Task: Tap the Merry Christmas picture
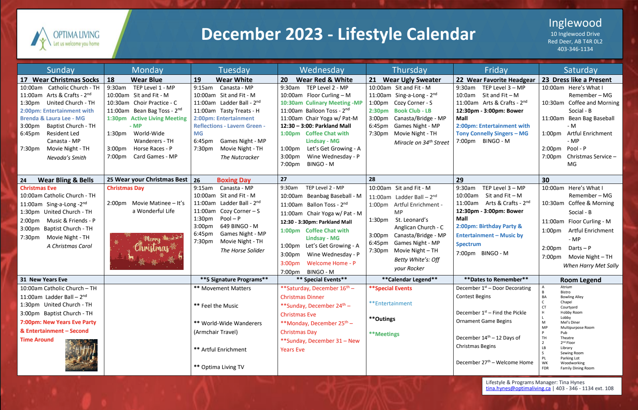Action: click(147, 251)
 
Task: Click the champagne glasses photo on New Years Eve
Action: click(82, 355)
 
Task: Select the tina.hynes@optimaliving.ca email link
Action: click(518, 389)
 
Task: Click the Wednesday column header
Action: click(322, 70)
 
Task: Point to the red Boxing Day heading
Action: click(233, 180)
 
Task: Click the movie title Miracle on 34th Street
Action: click(421, 143)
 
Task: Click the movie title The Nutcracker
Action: click(239, 157)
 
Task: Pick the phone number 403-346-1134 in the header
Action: click(575, 49)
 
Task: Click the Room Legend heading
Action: click(581, 280)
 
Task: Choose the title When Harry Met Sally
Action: click(591, 266)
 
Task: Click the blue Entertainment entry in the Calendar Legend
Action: click(391, 303)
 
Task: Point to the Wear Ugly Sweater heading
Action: click(412, 80)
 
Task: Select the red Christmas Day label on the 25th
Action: click(125, 188)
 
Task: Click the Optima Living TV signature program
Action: click(219, 367)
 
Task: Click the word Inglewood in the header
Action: click(575, 23)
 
